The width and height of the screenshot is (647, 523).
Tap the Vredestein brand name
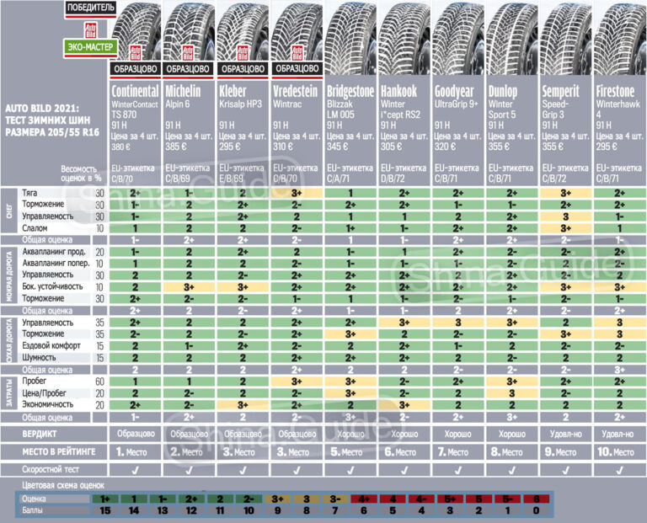coord(293,90)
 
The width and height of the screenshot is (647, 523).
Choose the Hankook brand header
coord(401,90)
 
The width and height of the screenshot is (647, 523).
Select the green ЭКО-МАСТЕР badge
coord(86,47)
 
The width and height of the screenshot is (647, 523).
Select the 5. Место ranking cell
coord(350,451)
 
